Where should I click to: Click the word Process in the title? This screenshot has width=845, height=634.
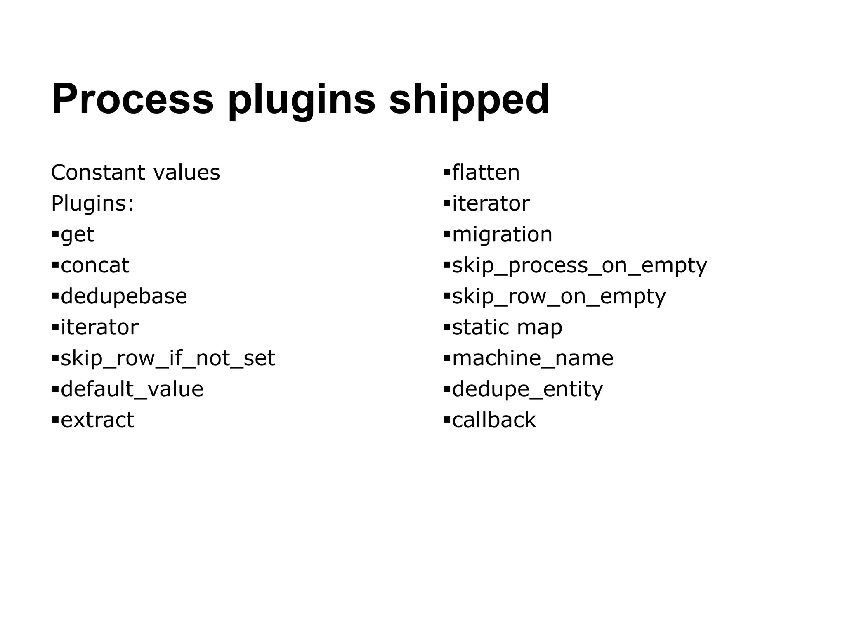click(132, 99)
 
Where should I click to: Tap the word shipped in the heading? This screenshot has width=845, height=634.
click(469, 99)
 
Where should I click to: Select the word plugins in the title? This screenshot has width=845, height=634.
click(302, 99)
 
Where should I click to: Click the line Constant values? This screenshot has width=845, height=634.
click(135, 173)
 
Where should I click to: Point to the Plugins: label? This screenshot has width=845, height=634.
click(92, 203)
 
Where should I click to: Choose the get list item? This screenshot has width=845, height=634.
click(77, 234)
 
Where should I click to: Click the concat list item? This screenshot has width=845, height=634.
click(95, 265)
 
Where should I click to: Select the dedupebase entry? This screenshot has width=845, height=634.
click(124, 296)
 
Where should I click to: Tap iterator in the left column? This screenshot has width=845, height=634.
click(99, 327)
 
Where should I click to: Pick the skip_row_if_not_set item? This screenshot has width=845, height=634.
click(168, 358)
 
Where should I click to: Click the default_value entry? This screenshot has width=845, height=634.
click(132, 389)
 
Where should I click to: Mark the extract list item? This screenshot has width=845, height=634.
click(97, 420)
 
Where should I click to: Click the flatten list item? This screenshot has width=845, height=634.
click(486, 173)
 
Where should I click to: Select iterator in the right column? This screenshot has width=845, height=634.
click(491, 203)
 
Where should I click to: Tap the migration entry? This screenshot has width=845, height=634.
click(502, 234)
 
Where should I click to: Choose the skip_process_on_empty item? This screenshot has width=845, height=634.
click(579, 265)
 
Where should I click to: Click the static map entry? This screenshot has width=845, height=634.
click(507, 327)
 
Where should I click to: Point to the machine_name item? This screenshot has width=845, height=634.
click(533, 358)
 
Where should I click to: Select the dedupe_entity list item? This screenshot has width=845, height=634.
click(527, 389)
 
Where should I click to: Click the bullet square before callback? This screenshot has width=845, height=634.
click(446, 420)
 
